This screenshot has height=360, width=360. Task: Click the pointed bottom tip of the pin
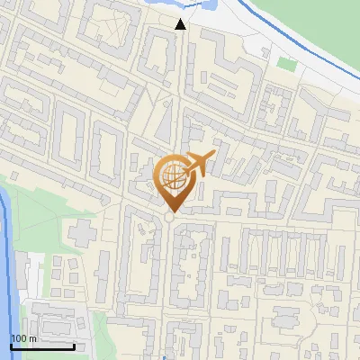pos(171,211)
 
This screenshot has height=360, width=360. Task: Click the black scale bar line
pos(41,346)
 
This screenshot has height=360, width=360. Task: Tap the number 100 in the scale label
pos(17,337)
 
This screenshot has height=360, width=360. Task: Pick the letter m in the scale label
pos(31,337)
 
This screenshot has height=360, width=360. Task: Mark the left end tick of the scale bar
pos(11,344)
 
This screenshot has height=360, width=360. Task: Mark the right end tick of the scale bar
pos(73,344)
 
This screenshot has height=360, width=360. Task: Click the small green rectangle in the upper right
pos(286,64)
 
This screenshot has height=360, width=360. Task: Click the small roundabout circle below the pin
pos(170,218)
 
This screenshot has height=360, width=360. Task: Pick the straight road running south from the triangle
pos(180,90)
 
